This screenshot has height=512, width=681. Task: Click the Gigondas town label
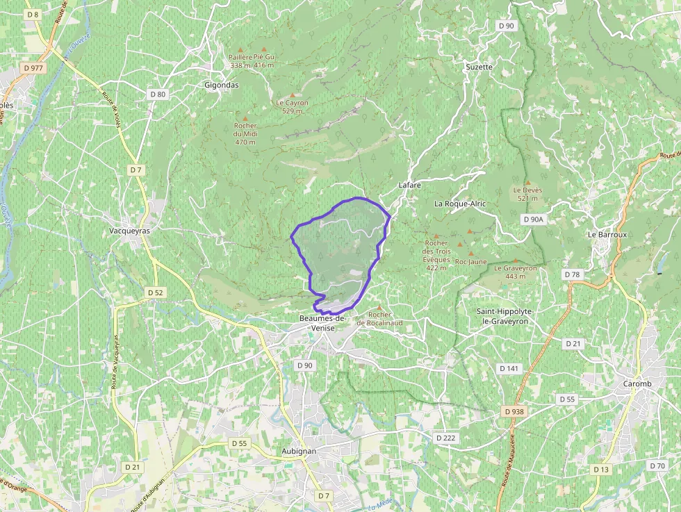pos(221,85)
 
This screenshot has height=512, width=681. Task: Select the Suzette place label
pos(478,67)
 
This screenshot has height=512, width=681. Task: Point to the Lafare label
pos(410,185)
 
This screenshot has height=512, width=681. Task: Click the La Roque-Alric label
pos(460,204)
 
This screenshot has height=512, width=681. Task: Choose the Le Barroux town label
pos(607,234)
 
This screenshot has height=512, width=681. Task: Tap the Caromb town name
pos(637,383)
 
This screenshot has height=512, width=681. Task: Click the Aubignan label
pos(299,451)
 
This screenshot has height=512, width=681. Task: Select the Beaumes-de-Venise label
pos(322,322)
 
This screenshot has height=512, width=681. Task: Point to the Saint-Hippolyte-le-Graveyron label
pos(502,316)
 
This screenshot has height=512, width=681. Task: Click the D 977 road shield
pos(33,68)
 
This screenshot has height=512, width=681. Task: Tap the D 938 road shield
pos(514,412)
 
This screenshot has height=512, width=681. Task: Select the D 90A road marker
pos(533,220)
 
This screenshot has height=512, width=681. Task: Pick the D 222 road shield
pos(445,438)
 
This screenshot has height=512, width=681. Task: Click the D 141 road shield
pos(509,368)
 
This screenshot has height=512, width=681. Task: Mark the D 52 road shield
pos(156,293)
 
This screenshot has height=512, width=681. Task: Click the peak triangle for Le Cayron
pos(293,95)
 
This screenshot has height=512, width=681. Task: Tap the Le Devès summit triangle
pos(527,182)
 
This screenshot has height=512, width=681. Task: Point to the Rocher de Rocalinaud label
pos(379,319)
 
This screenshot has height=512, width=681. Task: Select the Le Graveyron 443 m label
pos(516,272)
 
